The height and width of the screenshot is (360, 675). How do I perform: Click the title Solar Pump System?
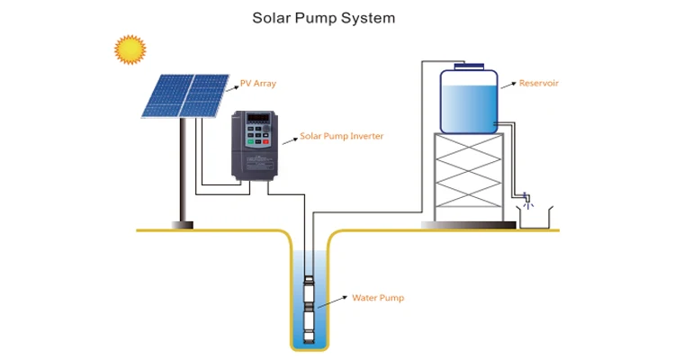point(324,19)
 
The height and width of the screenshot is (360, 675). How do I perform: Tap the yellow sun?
point(130,50)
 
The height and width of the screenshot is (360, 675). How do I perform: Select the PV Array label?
point(258,84)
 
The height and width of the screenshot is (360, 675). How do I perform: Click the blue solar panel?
point(185,96)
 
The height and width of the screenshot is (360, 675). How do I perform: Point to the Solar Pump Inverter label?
point(341,136)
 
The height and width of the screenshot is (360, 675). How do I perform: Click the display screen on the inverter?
point(258,118)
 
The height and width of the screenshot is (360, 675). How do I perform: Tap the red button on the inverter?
point(265,141)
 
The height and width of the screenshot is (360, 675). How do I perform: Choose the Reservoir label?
point(538,83)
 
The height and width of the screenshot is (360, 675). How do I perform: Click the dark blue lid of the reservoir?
point(469,67)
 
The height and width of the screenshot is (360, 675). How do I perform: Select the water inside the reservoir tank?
point(469,109)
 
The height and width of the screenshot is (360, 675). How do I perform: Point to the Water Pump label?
point(378,298)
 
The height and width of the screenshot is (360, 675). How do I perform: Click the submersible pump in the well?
point(309,310)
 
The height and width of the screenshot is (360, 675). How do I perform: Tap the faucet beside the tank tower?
point(526,198)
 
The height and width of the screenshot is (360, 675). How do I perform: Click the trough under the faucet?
point(535,220)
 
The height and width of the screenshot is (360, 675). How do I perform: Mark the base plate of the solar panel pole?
point(182,225)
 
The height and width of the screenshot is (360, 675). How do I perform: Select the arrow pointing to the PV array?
point(232,88)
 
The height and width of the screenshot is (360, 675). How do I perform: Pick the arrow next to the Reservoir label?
point(508,85)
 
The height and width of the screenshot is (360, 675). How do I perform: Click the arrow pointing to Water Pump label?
point(332,301)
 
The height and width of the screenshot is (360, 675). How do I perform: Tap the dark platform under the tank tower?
point(468,225)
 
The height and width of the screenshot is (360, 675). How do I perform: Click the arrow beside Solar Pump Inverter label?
point(290,140)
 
